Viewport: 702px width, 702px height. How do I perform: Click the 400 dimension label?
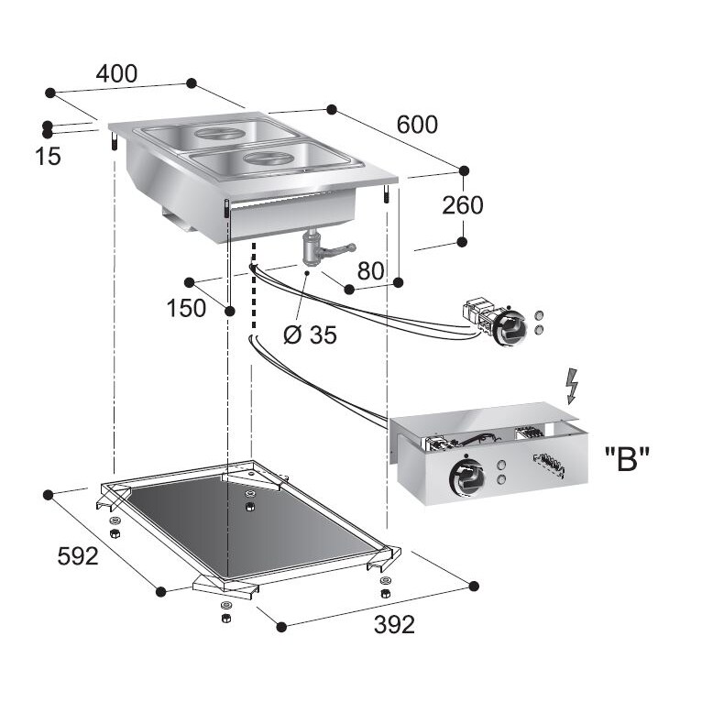click(117, 74)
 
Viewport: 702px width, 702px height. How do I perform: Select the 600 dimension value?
click(416, 125)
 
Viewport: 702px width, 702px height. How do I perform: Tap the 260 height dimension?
click(462, 205)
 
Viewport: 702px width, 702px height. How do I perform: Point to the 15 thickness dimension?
click(48, 157)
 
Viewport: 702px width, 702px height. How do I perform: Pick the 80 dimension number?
click(369, 271)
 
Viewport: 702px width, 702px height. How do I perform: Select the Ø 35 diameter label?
click(310, 335)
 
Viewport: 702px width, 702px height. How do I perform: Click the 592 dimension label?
click(77, 556)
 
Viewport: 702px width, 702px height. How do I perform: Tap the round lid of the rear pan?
click(220, 134)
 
